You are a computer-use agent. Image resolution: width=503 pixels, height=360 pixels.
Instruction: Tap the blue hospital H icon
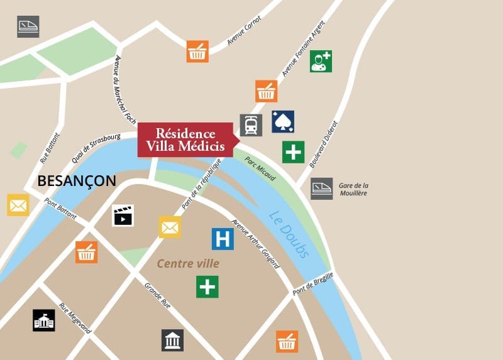pyautogui.click(x=222, y=238)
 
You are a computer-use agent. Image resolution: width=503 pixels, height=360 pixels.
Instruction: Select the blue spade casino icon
pyautogui.click(x=283, y=122)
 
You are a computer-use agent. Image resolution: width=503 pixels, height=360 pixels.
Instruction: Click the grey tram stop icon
pyautogui.click(x=251, y=125)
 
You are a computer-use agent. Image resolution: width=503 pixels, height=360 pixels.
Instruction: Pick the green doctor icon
pyautogui.click(x=321, y=61)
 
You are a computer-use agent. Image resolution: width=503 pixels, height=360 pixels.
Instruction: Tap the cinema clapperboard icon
pyautogui.click(x=123, y=215)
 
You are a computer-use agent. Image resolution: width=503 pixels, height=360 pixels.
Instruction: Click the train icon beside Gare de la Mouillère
pyautogui.click(x=321, y=188)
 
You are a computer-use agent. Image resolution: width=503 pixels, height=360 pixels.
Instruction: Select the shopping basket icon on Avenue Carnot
pyautogui.click(x=197, y=52)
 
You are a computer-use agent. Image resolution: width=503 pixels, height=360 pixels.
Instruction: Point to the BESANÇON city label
pyautogui.click(x=77, y=181)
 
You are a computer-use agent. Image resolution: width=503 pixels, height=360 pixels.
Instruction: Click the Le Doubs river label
pyautogui.click(x=289, y=234)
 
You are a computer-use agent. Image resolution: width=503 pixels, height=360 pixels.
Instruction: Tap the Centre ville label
pyautogui.click(x=188, y=264)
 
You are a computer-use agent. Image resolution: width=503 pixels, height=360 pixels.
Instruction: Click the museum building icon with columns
pyautogui.click(x=172, y=340)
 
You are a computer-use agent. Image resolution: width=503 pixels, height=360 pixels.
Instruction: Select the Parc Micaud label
pyautogui.click(x=260, y=168)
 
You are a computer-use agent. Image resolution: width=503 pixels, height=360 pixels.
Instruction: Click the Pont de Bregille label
pyautogui.click(x=312, y=285)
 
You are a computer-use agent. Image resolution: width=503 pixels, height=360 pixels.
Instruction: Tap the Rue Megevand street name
pyautogui.click(x=75, y=318)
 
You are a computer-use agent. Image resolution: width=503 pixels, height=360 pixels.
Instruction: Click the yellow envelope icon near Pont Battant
pyautogui.click(x=18, y=205)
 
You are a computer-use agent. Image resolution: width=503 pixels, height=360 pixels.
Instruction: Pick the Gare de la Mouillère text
pyautogui.click(x=353, y=189)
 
